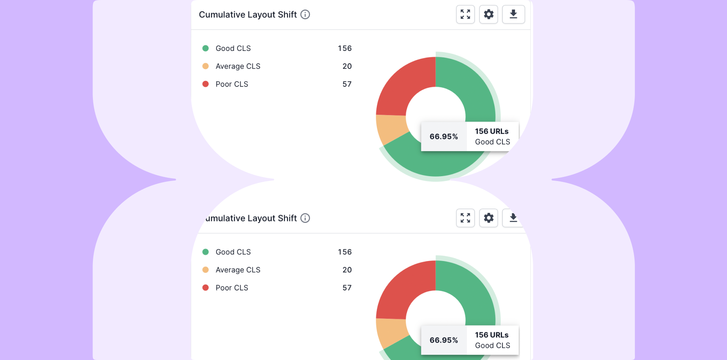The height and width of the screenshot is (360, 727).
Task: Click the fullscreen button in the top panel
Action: [x=465, y=15]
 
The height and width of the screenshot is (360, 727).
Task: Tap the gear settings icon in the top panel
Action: [x=488, y=15]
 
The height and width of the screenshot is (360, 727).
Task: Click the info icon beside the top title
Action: [x=305, y=15]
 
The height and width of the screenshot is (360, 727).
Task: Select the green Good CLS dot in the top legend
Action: [x=206, y=48]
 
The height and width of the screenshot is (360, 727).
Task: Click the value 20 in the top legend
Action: [x=347, y=66]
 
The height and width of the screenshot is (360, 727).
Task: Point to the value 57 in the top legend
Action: [x=347, y=84]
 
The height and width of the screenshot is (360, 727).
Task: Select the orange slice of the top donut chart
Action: [x=390, y=128]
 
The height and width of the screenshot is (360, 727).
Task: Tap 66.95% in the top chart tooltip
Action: [x=443, y=137]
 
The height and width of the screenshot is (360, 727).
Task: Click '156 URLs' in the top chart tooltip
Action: [x=492, y=131]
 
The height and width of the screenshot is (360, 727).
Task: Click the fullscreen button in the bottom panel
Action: [x=465, y=218]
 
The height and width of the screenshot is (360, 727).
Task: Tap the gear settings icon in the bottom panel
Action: [x=488, y=218]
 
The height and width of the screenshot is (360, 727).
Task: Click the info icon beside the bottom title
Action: [x=305, y=218]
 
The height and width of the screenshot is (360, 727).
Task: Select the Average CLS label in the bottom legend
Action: [x=238, y=270]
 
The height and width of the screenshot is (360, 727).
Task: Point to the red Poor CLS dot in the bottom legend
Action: [x=206, y=288]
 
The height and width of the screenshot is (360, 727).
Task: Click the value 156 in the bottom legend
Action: [x=345, y=252]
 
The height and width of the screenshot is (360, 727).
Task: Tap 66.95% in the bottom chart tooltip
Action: [x=443, y=340]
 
